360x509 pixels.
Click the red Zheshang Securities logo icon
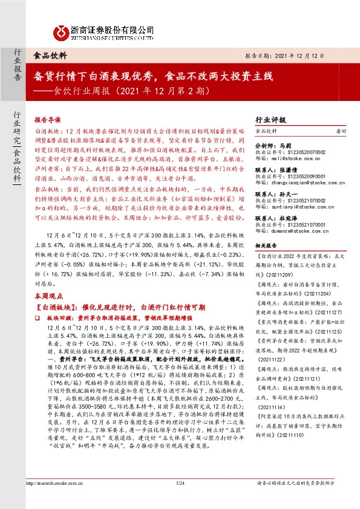click(x=61, y=31)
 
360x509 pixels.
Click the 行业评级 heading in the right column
click(x=271, y=120)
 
